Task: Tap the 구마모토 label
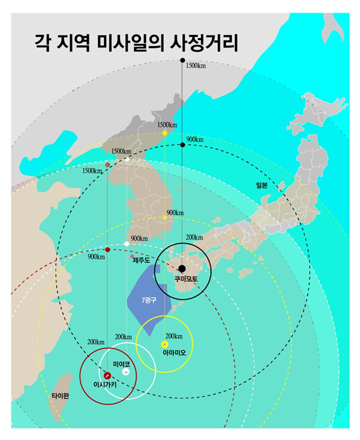(x=187, y=278)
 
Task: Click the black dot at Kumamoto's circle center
(x=182, y=268)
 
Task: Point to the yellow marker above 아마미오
(x=164, y=345)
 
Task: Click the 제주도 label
(x=141, y=260)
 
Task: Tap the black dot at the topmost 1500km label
(x=183, y=60)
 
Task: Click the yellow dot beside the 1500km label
(x=164, y=133)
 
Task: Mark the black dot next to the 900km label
(x=183, y=145)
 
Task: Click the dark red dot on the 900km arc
(x=107, y=250)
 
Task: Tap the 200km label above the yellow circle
(x=173, y=336)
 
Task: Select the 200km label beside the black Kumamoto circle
(x=195, y=237)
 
